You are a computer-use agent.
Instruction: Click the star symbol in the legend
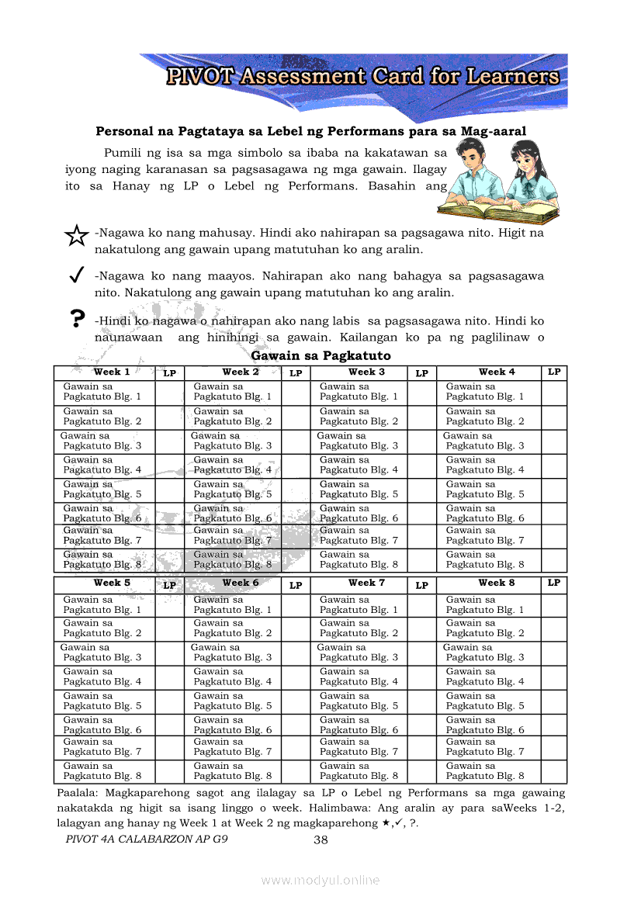(76, 235)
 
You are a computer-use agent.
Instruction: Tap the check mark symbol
(76, 275)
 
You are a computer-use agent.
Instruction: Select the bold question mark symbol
(76, 319)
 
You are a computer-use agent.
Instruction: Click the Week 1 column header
(112, 372)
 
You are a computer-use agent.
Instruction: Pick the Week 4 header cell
(497, 372)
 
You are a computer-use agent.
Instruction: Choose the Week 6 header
(241, 583)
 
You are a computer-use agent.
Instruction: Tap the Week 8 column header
(497, 583)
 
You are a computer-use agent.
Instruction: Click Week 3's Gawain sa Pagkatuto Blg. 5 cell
(359, 490)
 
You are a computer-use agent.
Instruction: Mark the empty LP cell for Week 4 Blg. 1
(553, 392)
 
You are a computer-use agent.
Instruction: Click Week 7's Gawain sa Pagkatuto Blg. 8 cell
(359, 771)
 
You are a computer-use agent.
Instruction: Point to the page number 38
(321, 840)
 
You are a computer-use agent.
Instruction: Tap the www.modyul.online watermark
(320, 880)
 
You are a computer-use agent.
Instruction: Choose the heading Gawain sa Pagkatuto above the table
(321, 355)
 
